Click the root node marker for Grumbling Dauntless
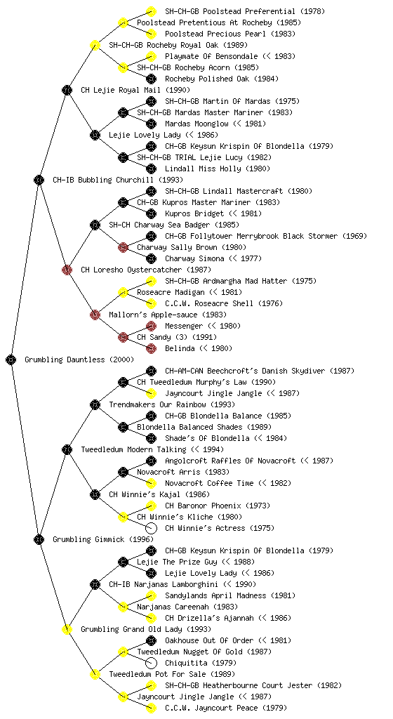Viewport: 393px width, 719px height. point(11,359)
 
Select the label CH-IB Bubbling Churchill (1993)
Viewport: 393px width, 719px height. point(118,180)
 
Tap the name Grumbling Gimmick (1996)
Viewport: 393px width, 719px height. point(103,539)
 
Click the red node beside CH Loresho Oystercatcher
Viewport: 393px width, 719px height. point(67,270)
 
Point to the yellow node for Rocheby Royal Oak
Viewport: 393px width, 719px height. point(95,45)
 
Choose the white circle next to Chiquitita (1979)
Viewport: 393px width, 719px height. point(151,663)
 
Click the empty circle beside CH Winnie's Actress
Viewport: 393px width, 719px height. point(151,528)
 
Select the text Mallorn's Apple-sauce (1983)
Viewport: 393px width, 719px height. point(168,315)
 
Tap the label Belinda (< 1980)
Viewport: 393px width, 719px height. point(199,348)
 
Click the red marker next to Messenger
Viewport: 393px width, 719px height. point(151,326)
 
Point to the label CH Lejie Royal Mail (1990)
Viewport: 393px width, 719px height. point(135,90)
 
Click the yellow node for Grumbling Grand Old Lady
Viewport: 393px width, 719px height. point(67,629)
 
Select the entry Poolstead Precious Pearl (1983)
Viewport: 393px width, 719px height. point(230,34)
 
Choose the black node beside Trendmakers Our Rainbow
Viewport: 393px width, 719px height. point(95,404)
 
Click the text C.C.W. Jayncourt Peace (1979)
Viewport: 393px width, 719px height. point(226,708)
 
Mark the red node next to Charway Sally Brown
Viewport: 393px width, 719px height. point(123,247)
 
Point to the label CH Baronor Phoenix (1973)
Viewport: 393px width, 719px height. point(218,506)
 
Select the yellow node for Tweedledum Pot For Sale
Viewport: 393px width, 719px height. point(95,674)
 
